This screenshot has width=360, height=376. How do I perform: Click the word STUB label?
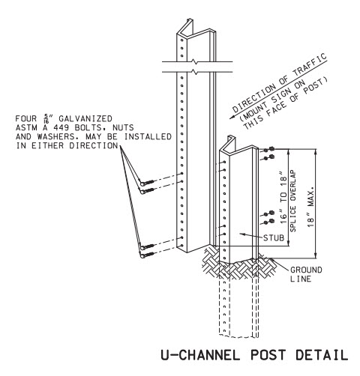click(274, 237)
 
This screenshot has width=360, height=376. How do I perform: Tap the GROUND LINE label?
click(306, 274)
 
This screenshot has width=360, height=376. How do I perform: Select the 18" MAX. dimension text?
click(310, 206)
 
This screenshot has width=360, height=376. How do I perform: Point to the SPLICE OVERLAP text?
click(292, 201)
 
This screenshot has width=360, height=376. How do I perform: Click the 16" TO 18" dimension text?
click(283, 198)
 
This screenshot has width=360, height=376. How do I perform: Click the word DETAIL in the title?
click(322, 354)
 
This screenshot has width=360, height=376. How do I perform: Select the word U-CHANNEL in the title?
click(200, 354)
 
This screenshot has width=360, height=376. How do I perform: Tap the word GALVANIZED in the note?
click(85, 118)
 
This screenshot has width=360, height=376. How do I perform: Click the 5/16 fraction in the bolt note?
click(46, 118)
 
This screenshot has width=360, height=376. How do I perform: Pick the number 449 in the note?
click(61, 127)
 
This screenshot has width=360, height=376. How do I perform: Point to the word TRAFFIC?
click(310, 65)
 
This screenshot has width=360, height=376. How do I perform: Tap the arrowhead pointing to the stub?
click(241, 234)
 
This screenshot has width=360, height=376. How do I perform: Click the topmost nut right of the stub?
click(271, 149)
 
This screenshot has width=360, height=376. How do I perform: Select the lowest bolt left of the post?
click(147, 255)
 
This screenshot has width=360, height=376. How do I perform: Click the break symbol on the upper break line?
click(194, 61)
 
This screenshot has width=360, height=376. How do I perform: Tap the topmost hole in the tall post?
click(182, 40)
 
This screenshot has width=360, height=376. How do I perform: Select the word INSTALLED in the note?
click(148, 136)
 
